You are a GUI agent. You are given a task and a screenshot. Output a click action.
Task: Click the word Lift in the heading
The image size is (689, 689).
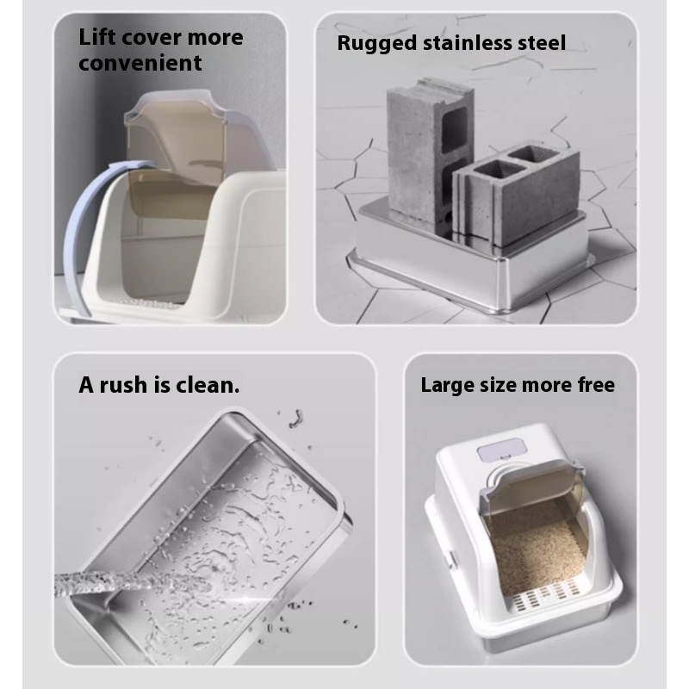coord(97,37)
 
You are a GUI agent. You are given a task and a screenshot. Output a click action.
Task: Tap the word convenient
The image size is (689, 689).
coord(140,63)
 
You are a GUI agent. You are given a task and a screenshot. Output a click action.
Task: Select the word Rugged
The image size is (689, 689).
coord(376,44)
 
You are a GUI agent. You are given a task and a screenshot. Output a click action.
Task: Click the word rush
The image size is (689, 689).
coord(123,385)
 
